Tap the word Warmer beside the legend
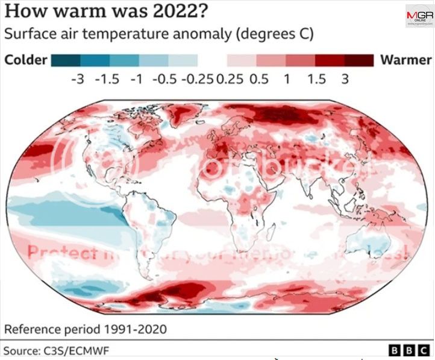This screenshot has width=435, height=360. coord(405,60)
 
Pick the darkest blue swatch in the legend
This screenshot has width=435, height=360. coord(65,60)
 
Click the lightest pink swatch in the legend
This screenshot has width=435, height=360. coord(242,60)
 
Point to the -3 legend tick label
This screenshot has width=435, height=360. coord(77,79)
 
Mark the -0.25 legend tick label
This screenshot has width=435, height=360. coord(196,79)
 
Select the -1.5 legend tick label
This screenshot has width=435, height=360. coord(107,79)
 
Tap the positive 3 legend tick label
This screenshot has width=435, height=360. coord(345,79)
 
